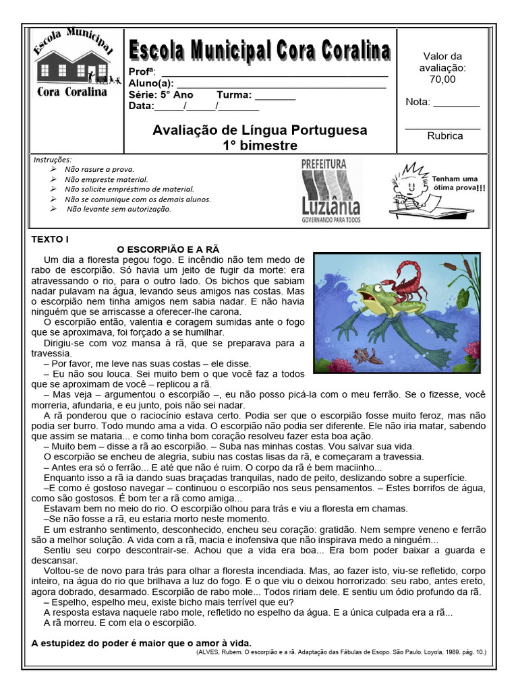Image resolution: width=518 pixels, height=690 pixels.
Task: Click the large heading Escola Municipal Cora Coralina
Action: pyautogui.click(x=260, y=51)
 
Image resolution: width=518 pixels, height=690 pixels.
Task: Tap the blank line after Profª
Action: pyautogui.click(x=273, y=73)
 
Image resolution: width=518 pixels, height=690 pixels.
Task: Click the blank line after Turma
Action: pyautogui.click(x=275, y=96)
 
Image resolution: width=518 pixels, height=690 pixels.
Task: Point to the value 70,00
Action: pyautogui.click(x=442, y=79)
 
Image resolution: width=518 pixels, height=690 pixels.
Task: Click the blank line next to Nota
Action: pyautogui.click(x=456, y=103)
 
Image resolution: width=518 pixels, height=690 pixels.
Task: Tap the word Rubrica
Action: pyautogui.click(x=444, y=135)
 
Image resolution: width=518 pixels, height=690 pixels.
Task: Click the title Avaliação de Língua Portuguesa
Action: pyautogui.click(x=260, y=129)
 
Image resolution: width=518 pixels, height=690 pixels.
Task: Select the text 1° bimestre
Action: pyautogui.click(x=260, y=145)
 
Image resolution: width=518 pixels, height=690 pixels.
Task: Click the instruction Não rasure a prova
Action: pyautogui.click(x=99, y=169)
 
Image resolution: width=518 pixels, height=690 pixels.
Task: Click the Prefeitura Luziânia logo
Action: pyautogui.click(x=330, y=191)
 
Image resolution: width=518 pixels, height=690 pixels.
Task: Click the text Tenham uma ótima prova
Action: pyautogui.click(x=458, y=183)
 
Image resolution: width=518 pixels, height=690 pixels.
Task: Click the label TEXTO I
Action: pyautogui.click(x=51, y=239)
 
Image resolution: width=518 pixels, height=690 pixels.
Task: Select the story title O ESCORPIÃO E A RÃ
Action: pyautogui.click(x=169, y=249)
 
